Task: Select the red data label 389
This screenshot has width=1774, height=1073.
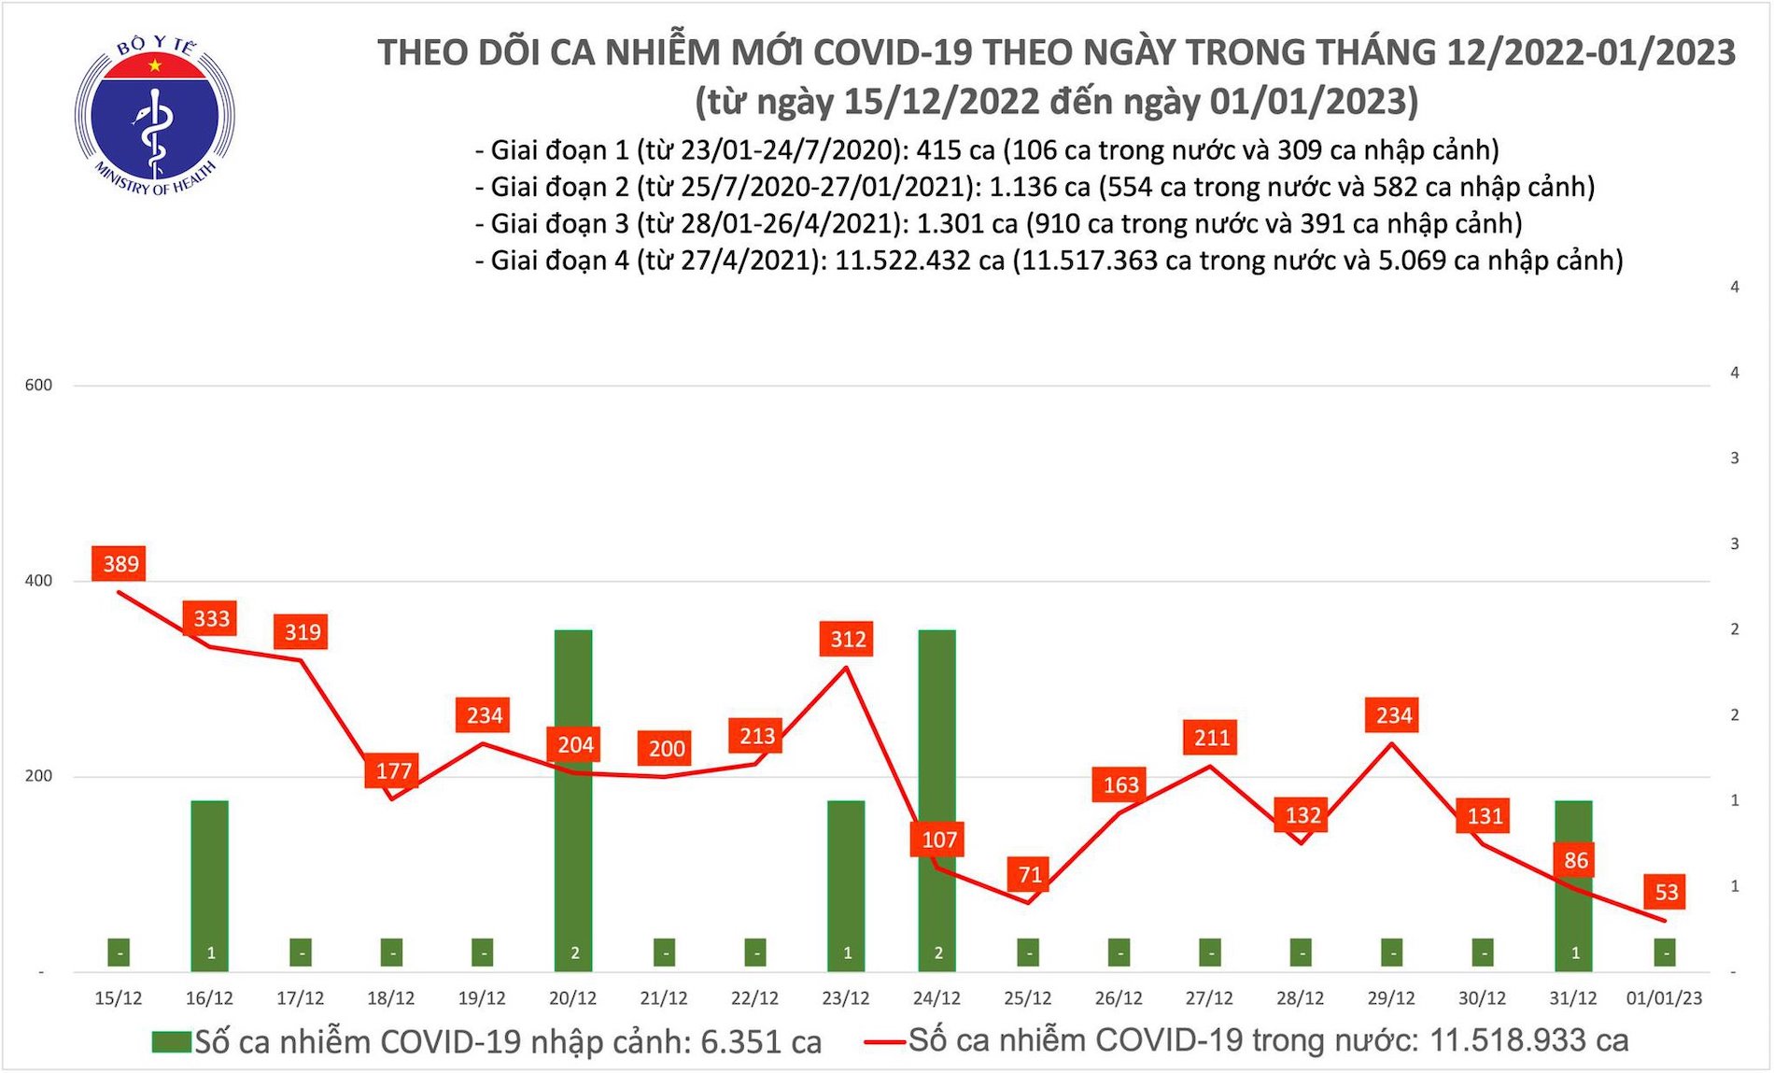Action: pyautogui.click(x=120, y=564)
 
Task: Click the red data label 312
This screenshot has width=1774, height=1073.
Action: pyautogui.click(x=848, y=640)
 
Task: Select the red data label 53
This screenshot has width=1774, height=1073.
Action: pyautogui.click(x=1666, y=892)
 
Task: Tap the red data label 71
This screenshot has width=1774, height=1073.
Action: pyautogui.click(x=1029, y=875)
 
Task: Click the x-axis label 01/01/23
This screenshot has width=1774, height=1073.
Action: pyautogui.click(x=1664, y=998)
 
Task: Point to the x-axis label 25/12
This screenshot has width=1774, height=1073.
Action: pyautogui.click(x=1027, y=998)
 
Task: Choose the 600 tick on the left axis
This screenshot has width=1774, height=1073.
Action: pyautogui.click(x=38, y=385)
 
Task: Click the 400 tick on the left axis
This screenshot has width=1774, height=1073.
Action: pyautogui.click(x=38, y=581)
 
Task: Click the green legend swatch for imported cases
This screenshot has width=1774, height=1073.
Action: pyautogui.click(x=171, y=1042)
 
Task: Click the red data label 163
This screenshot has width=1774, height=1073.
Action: pyautogui.click(x=1120, y=785)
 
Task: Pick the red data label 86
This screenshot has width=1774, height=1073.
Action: pyautogui.click(x=1575, y=860)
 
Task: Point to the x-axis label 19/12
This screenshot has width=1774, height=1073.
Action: pyautogui.click(x=482, y=998)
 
